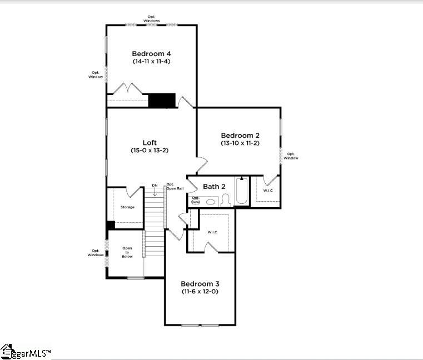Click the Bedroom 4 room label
tap(151, 54)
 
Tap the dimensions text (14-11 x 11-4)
tap(151, 61)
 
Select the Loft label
tap(150, 143)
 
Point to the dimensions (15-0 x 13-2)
tap(150, 151)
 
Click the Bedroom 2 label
tap(240, 136)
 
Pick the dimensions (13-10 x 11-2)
tap(240, 143)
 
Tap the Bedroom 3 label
tap(200, 283)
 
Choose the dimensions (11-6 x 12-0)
tap(200, 291)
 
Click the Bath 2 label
tap(214, 187)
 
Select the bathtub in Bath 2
tap(242, 192)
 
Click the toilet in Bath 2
tap(226, 201)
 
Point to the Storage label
tap(127, 207)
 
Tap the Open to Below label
tap(127, 252)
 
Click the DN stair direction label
tap(155, 186)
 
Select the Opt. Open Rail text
tap(171, 187)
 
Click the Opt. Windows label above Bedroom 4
tap(152, 18)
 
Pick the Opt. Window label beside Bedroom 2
tap(291, 156)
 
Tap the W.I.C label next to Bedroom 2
tap(268, 191)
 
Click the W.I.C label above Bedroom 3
tap(212, 232)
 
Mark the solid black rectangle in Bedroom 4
tap(162, 101)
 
